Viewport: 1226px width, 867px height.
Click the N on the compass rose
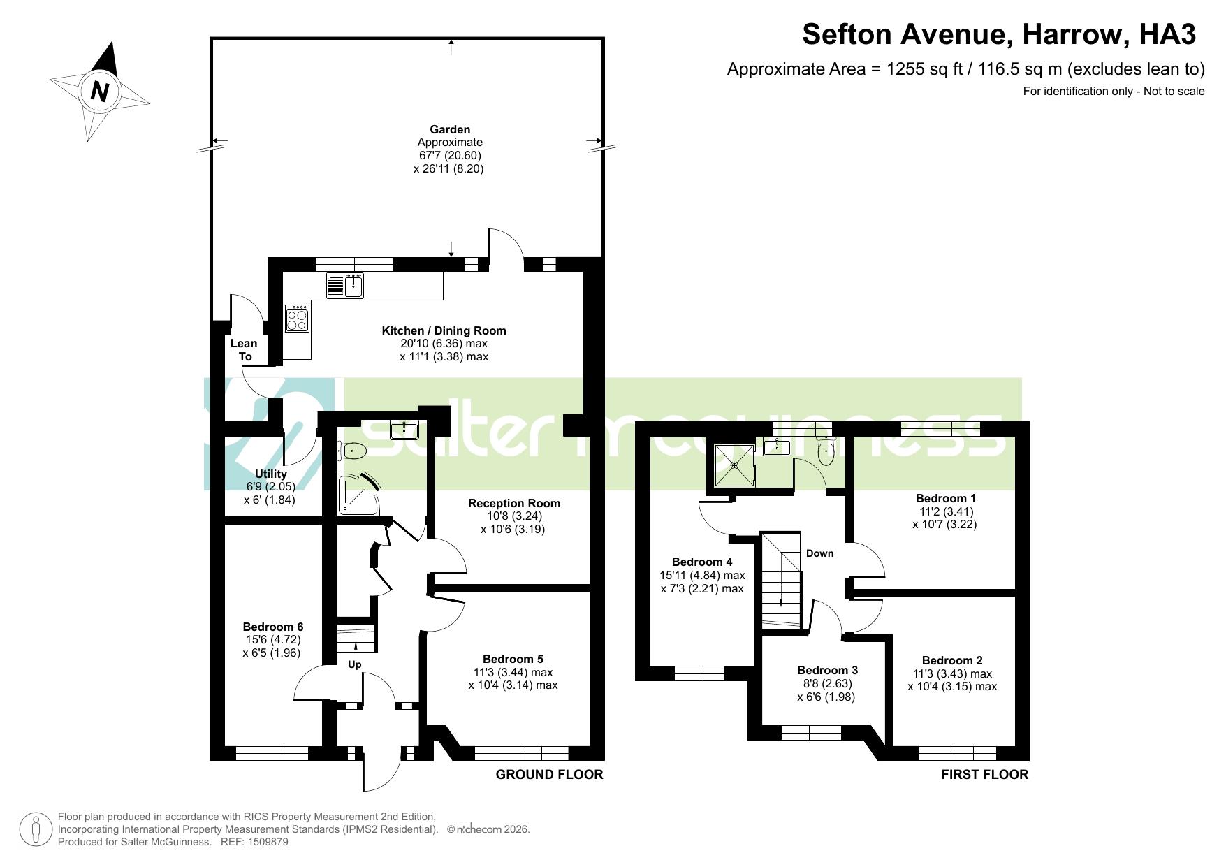101,92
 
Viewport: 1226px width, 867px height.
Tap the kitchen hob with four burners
297,319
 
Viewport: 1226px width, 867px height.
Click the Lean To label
244,350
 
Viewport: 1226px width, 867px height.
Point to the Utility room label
271,474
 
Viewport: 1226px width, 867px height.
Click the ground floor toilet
352,451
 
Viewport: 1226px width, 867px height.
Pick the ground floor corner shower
359,494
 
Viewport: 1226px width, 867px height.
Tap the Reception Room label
514,503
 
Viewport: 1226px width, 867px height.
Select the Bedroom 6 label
272,627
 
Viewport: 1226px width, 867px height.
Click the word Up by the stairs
355,664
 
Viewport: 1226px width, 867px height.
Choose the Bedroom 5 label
513,659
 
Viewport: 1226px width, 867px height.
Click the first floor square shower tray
734,466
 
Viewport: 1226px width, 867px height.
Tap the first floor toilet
826,451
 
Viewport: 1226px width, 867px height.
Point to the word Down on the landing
819,553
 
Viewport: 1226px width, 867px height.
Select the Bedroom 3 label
827,670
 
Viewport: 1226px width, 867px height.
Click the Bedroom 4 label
702,562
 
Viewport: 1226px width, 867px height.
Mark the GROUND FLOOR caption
549,774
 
